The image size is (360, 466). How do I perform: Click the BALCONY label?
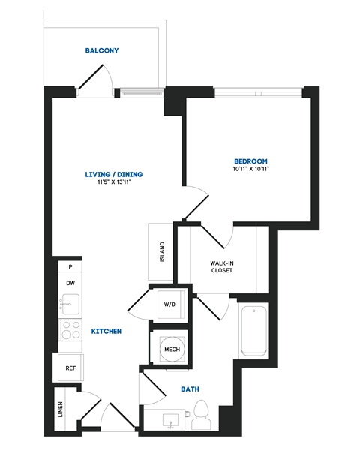102,51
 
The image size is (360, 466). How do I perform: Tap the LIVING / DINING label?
114,175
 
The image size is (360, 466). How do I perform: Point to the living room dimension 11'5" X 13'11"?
114,183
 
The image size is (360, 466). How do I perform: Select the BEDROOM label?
250,161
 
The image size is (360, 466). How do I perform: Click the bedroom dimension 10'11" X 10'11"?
250,170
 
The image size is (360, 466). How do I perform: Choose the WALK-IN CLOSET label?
221,266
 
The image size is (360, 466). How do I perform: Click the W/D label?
169,305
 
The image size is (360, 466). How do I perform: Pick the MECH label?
172,350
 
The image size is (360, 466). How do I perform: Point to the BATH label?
190,389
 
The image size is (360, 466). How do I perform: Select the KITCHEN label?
106,331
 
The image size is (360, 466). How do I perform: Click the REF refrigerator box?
70,368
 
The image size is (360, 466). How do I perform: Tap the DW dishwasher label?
70,283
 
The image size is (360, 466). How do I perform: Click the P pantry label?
70,266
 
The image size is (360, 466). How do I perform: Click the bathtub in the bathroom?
253,330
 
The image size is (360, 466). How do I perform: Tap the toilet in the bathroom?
201,415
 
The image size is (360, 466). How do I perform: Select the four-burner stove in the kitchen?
70,330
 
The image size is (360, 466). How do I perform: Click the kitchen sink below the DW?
71,305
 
